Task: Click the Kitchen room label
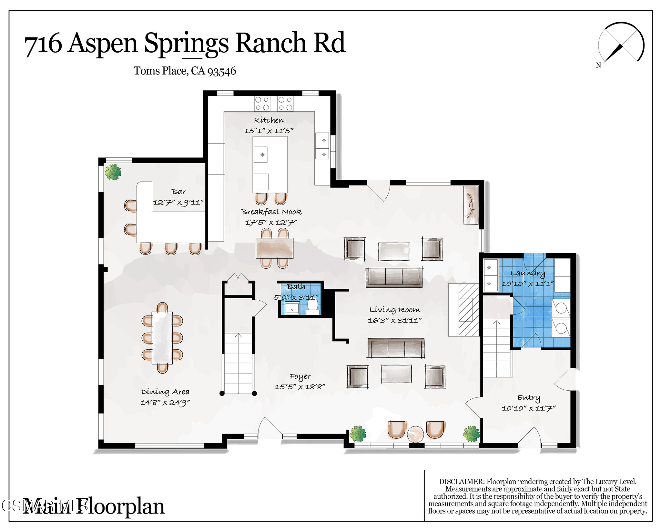pyautogui.click(x=269, y=120)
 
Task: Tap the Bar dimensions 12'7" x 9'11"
pyautogui.click(x=178, y=203)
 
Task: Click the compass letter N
pyautogui.click(x=598, y=65)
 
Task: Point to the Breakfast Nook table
pyautogui.click(x=274, y=248)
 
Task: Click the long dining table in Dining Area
pyautogui.click(x=162, y=337)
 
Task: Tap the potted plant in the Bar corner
pyautogui.click(x=113, y=172)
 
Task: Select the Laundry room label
pyautogui.click(x=528, y=273)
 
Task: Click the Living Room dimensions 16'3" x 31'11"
pyautogui.click(x=395, y=321)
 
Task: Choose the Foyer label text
pyautogui.click(x=300, y=376)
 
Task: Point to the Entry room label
pyautogui.click(x=528, y=398)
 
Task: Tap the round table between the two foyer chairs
pyautogui.click(x=415, y=434)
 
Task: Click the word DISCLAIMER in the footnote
pyautogui.click(x=462, y=482)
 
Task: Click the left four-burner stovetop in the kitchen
pyautogui.click(x=262, y=104)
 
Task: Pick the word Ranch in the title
pyautogui.click(x=270, y=43)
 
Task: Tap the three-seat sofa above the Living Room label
pyautogui.click(x=394, y=277)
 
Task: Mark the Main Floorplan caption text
pyautogui.click(x=94, y=506)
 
